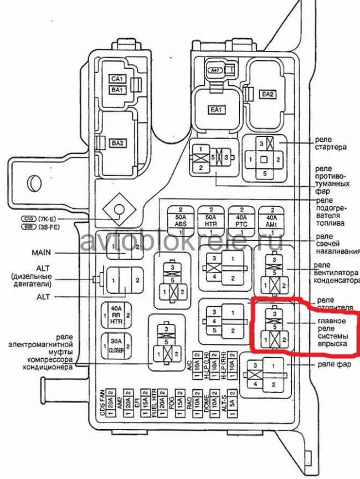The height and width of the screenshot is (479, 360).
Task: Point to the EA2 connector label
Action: click(x=268, y=95)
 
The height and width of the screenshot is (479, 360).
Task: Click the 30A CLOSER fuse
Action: click(x=115, y=346)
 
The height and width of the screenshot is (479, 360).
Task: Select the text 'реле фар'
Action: click(x=332, y=364)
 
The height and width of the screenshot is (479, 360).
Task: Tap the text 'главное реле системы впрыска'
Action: click(x=332, y=332)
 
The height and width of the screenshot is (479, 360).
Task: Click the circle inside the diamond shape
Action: click(x=119, y=210)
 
